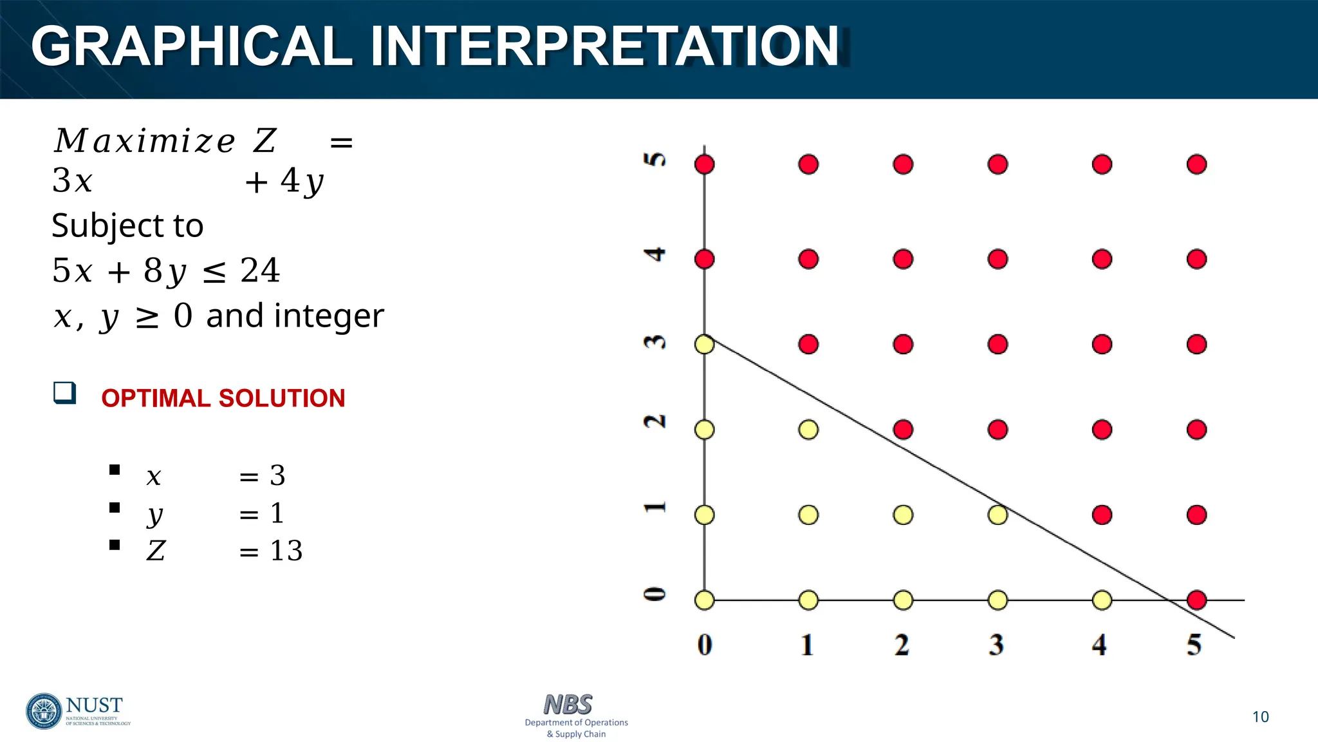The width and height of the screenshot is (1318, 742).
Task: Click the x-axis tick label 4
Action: [1099, 645]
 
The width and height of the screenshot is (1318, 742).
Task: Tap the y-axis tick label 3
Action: [655, 342]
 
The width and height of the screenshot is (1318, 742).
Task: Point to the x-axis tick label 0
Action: [705, 645]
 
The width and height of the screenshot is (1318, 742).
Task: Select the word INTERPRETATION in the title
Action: [604, 46]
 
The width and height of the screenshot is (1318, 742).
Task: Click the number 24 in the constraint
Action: [260, 271]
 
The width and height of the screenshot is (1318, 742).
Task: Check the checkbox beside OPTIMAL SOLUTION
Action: [64, 393]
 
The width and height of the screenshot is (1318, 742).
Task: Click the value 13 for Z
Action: [286, 551]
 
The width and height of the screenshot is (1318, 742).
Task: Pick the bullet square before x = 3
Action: [115, 470]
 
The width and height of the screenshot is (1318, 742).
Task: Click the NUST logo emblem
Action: [44, 711]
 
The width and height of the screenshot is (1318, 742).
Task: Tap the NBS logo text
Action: [568, 705]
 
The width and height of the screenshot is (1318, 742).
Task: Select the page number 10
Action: [1260, 717]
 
